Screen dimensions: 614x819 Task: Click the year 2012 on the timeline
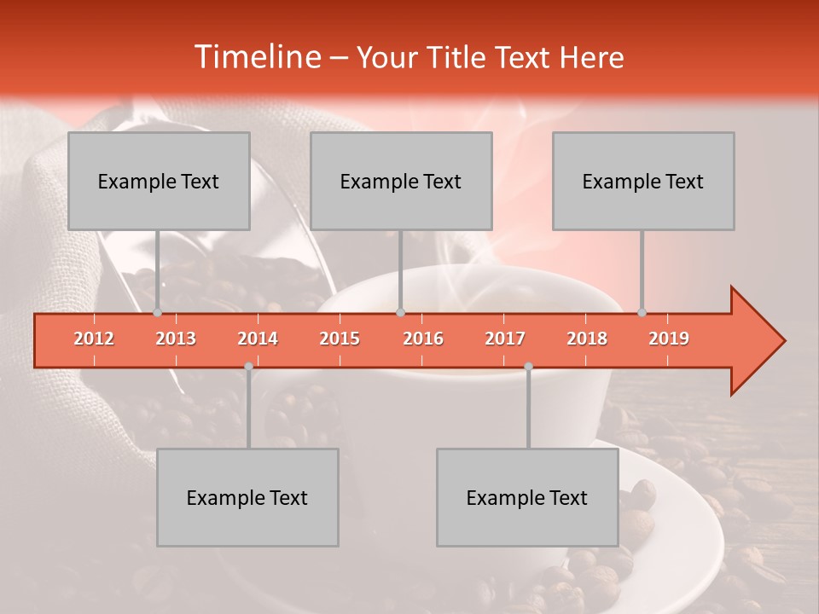click(x=94, y=339)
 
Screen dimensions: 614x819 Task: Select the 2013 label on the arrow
click(x=176, y=339)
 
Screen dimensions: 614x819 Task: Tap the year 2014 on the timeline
click(x=258, y=339)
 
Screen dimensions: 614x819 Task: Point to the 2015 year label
click(x=340, y=339)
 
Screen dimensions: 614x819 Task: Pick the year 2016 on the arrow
click(x=423, y=339)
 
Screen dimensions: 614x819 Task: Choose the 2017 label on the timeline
click(x=505, y=339)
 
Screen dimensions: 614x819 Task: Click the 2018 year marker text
click(x=587, y=339)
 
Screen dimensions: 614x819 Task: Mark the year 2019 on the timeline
click(x=669, y=339)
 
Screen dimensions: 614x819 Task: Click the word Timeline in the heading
click(x=256, y=57)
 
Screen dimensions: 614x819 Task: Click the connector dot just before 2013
click(x=158, y=313)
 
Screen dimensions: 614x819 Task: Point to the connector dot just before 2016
click(x=401, y=313)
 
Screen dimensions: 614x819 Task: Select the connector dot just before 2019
click(x=642, y=313)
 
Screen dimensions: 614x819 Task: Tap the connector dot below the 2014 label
click(x=248, y=366)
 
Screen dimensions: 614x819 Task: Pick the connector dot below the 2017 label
click(x=528, y=366)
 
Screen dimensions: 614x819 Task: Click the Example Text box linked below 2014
click(x=247, y=497)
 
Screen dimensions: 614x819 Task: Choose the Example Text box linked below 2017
click(x=527, y=497)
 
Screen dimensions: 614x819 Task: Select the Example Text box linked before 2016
click(x=401, y=181)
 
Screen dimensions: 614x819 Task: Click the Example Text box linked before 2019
click(x=643, y=181)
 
